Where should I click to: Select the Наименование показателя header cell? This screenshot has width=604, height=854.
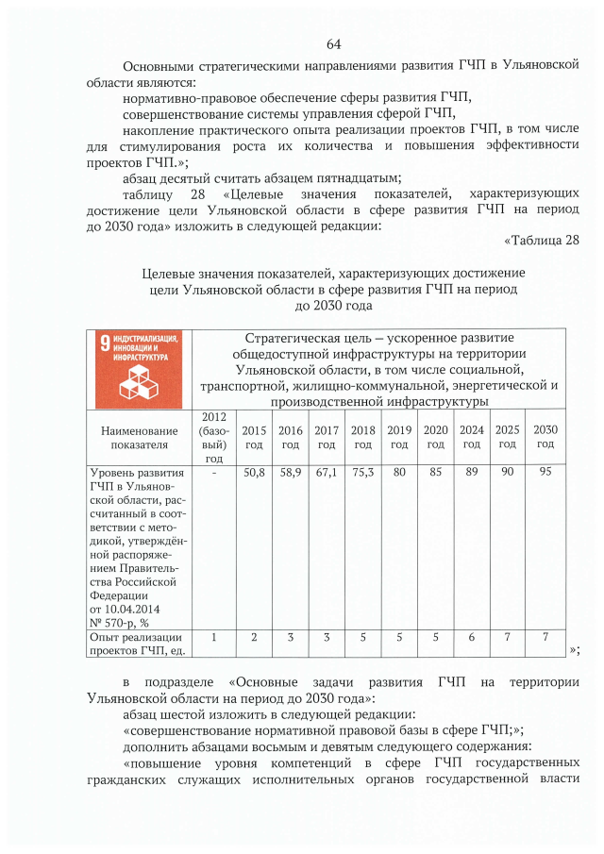pyautogui.click(x=138, y=437)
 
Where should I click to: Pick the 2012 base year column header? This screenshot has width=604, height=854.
pyautogui.click(x=214, y=437)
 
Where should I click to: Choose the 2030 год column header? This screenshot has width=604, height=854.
pyautogui.click(x=545, y=437)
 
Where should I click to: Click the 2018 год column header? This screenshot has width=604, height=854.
pyautogui.click(x=362, y=437)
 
